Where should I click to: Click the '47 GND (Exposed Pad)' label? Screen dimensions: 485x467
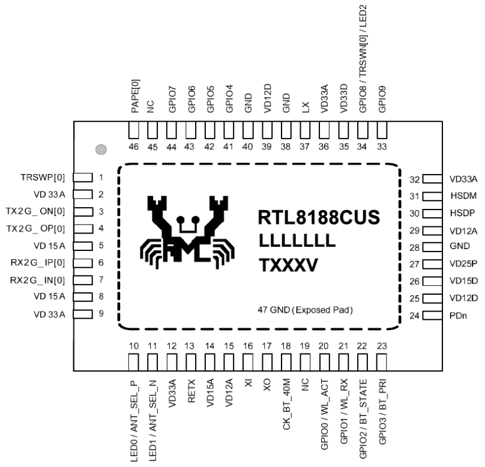304,310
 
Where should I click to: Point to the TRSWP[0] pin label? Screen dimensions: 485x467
44,178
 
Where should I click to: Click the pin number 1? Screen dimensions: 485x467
102,178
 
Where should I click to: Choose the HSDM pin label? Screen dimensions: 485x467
462,196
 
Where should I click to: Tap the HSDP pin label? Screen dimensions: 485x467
462,212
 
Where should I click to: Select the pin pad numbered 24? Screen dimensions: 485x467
432,315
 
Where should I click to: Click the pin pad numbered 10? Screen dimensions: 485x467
134,363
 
